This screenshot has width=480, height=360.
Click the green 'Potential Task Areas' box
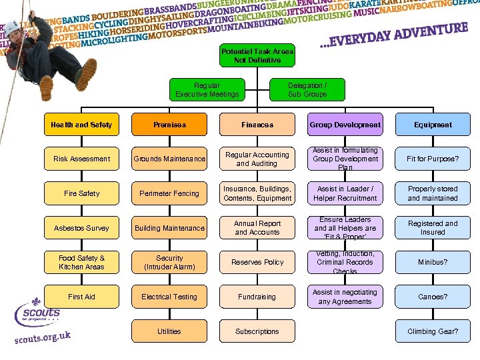(257, 56)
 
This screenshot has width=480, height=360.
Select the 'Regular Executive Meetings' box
(207, 90)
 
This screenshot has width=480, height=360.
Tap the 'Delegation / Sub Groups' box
(307, 90)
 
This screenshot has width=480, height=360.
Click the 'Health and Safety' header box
(81, 125)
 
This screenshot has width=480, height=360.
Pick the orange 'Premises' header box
(169, 125)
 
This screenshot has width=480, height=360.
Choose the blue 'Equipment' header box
(433, 125)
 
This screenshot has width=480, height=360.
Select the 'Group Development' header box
(345, 125)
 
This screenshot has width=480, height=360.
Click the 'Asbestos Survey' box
(81, 228)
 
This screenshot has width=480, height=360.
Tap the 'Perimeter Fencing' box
(169, 193)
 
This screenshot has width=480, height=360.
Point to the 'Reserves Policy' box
(257, 263)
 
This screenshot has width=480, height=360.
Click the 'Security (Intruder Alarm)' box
(169, 263)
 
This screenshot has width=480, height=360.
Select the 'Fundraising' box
(257, 297)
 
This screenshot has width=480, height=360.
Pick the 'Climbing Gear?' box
(433, 331)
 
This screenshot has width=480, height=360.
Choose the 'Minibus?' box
(433, 263)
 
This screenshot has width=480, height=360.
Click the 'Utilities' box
(169, 331)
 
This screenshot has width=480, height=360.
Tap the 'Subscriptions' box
(257, 331)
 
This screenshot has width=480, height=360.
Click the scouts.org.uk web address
(43, 336)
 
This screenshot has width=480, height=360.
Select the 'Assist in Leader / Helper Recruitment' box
(345, 193)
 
